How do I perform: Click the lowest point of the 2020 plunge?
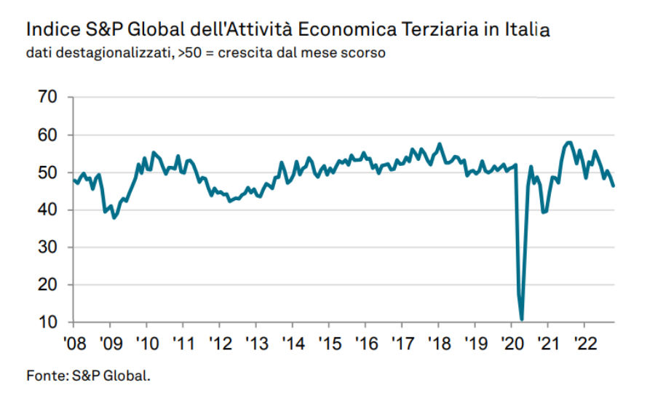pyautogui.click(x=522, y=319)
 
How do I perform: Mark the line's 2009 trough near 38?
pyautogui.click(x=114, y=218)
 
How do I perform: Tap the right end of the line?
pyautogui.click(x=614, y=186)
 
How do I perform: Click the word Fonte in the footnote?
pyautogui.click(x=45, y=376)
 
